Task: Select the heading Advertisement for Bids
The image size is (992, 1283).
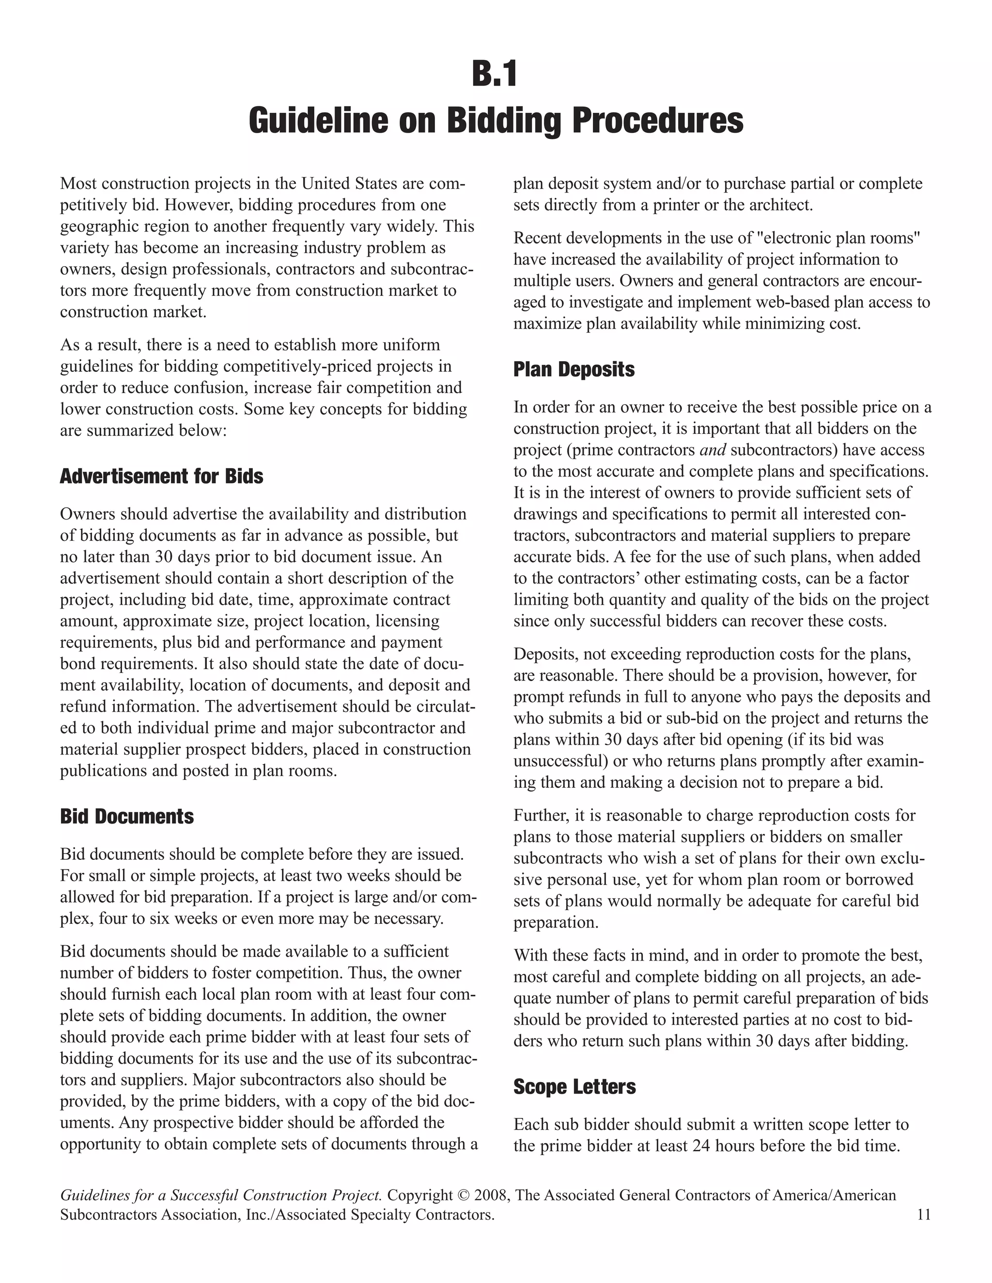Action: click(x=162, y=476)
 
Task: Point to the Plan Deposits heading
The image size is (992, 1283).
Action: click(x=574, y=369)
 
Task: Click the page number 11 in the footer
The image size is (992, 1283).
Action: click(x=923, y=1214)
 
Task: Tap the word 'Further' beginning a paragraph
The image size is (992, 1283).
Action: click(x=535, y=815)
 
